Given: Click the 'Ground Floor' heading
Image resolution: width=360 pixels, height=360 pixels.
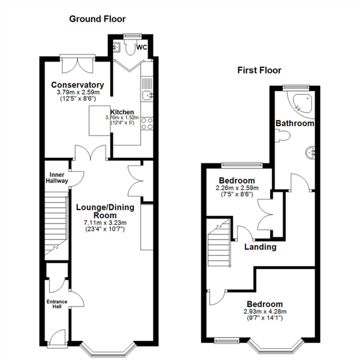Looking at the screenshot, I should (97, 19).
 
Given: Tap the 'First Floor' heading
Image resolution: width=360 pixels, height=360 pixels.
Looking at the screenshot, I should (259, 70).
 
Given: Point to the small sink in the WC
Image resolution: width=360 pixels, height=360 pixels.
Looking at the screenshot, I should (117, 46).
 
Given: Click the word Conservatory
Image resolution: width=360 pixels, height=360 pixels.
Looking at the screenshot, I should (77, 85).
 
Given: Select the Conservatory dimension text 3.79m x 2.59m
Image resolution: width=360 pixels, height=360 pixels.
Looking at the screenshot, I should (77, 92).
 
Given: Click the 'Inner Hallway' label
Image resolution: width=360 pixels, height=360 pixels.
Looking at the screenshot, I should (59, 178).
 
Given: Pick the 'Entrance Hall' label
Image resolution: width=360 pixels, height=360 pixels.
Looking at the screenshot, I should (57, 304).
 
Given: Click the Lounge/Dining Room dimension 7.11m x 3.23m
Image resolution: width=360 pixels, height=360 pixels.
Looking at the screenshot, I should (105, 223).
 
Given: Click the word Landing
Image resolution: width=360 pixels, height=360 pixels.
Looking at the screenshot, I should (260, 247).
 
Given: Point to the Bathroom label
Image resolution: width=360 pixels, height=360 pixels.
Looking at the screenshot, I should (295, 123).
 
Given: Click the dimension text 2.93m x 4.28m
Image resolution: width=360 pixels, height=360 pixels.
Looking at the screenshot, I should (265, 311).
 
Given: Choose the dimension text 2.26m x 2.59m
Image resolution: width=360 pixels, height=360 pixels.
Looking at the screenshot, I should (237, 188).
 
